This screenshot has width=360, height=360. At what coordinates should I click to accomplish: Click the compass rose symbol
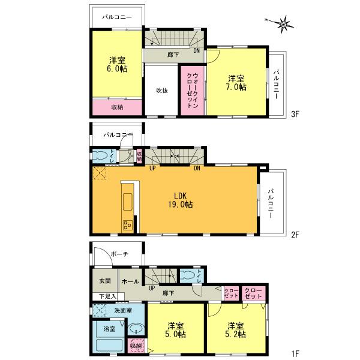tap(283, 24)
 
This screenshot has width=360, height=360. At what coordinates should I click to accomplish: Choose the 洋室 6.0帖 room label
tap(118, 64)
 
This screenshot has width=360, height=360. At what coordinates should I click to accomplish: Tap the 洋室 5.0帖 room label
tap(175, 331)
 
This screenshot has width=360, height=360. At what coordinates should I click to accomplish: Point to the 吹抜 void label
tap(162, 91)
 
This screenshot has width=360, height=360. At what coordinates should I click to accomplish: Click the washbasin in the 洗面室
tap(136, 329)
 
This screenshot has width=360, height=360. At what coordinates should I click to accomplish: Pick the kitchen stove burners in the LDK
tap(128, 225)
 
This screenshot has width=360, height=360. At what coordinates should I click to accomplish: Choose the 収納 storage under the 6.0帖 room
tap(117, 107)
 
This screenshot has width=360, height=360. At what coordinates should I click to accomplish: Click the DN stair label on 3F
tap(196, 52)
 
